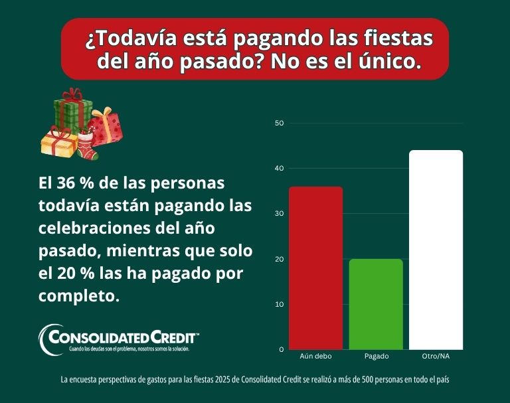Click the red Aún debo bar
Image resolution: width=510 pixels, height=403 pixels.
click(315, 268)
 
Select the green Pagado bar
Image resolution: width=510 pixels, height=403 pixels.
click(377, 304)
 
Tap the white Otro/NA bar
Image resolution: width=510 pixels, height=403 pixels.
click(436, 250)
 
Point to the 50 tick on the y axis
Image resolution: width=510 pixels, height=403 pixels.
click(279, 123)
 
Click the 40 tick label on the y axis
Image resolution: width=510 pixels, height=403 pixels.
click(279, 169)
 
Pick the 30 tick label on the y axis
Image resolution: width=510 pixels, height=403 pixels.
click(279, 214)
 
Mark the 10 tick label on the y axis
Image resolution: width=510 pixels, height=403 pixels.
click(279, 304)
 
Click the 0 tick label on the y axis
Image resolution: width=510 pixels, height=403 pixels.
click(281, 349)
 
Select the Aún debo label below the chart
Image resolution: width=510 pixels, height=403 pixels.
click(315, 357)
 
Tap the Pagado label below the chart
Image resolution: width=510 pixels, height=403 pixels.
click(377, 357)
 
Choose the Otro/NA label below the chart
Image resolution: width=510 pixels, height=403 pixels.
click(436, 357)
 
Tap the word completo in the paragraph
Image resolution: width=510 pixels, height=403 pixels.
click(78, 295)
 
